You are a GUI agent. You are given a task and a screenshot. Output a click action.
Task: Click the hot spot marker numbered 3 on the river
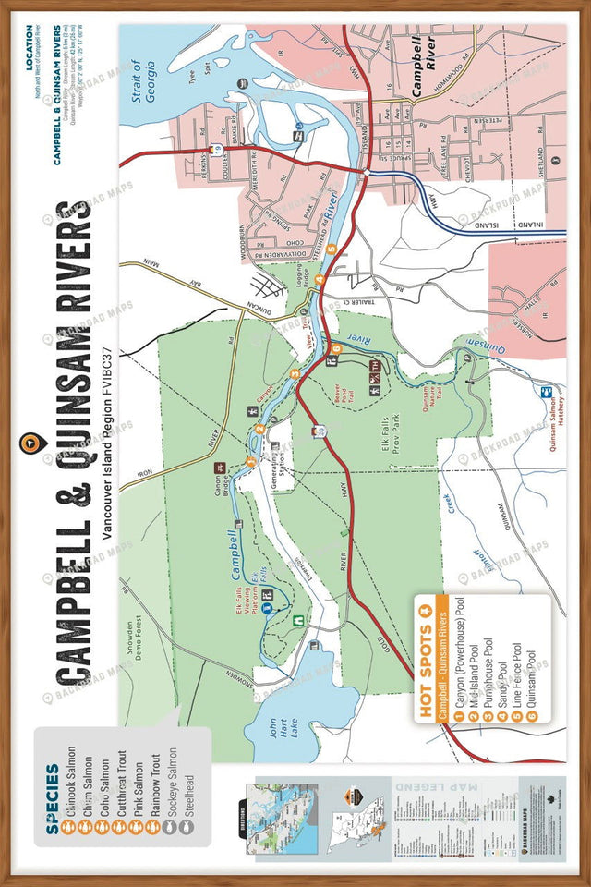294,373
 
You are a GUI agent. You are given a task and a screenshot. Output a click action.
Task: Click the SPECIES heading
53,796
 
